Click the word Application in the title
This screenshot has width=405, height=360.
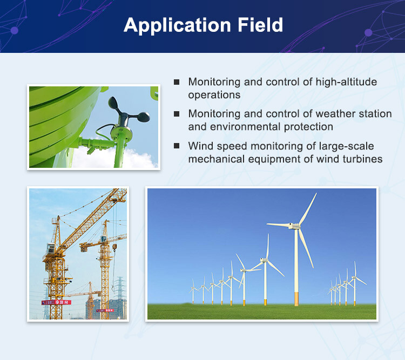(172, 25)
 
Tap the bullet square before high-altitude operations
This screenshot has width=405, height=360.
(177, 82)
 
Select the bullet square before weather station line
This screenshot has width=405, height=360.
(177, 114)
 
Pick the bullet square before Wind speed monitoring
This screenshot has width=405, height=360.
(177, 146)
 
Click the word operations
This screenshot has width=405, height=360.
(214, 95)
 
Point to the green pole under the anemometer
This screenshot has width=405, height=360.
(118, 151)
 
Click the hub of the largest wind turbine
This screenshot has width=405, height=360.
(295, 225)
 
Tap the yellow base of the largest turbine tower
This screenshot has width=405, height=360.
(296, 298)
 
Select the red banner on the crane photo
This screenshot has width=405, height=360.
(56, 302)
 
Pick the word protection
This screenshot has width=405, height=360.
(309, 127)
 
